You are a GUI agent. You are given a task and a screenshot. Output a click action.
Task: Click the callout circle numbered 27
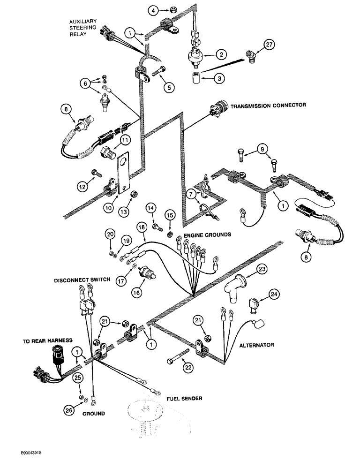[268, 45]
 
